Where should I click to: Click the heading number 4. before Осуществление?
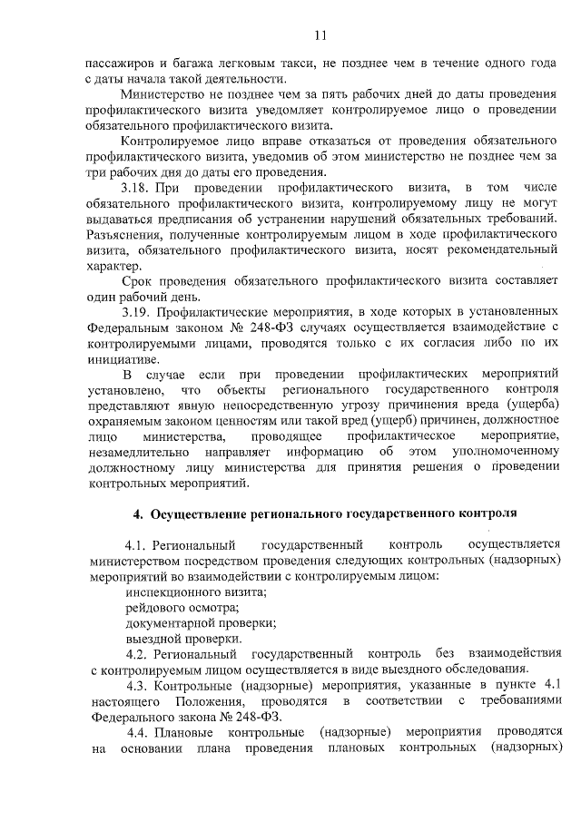coord(138,513)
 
